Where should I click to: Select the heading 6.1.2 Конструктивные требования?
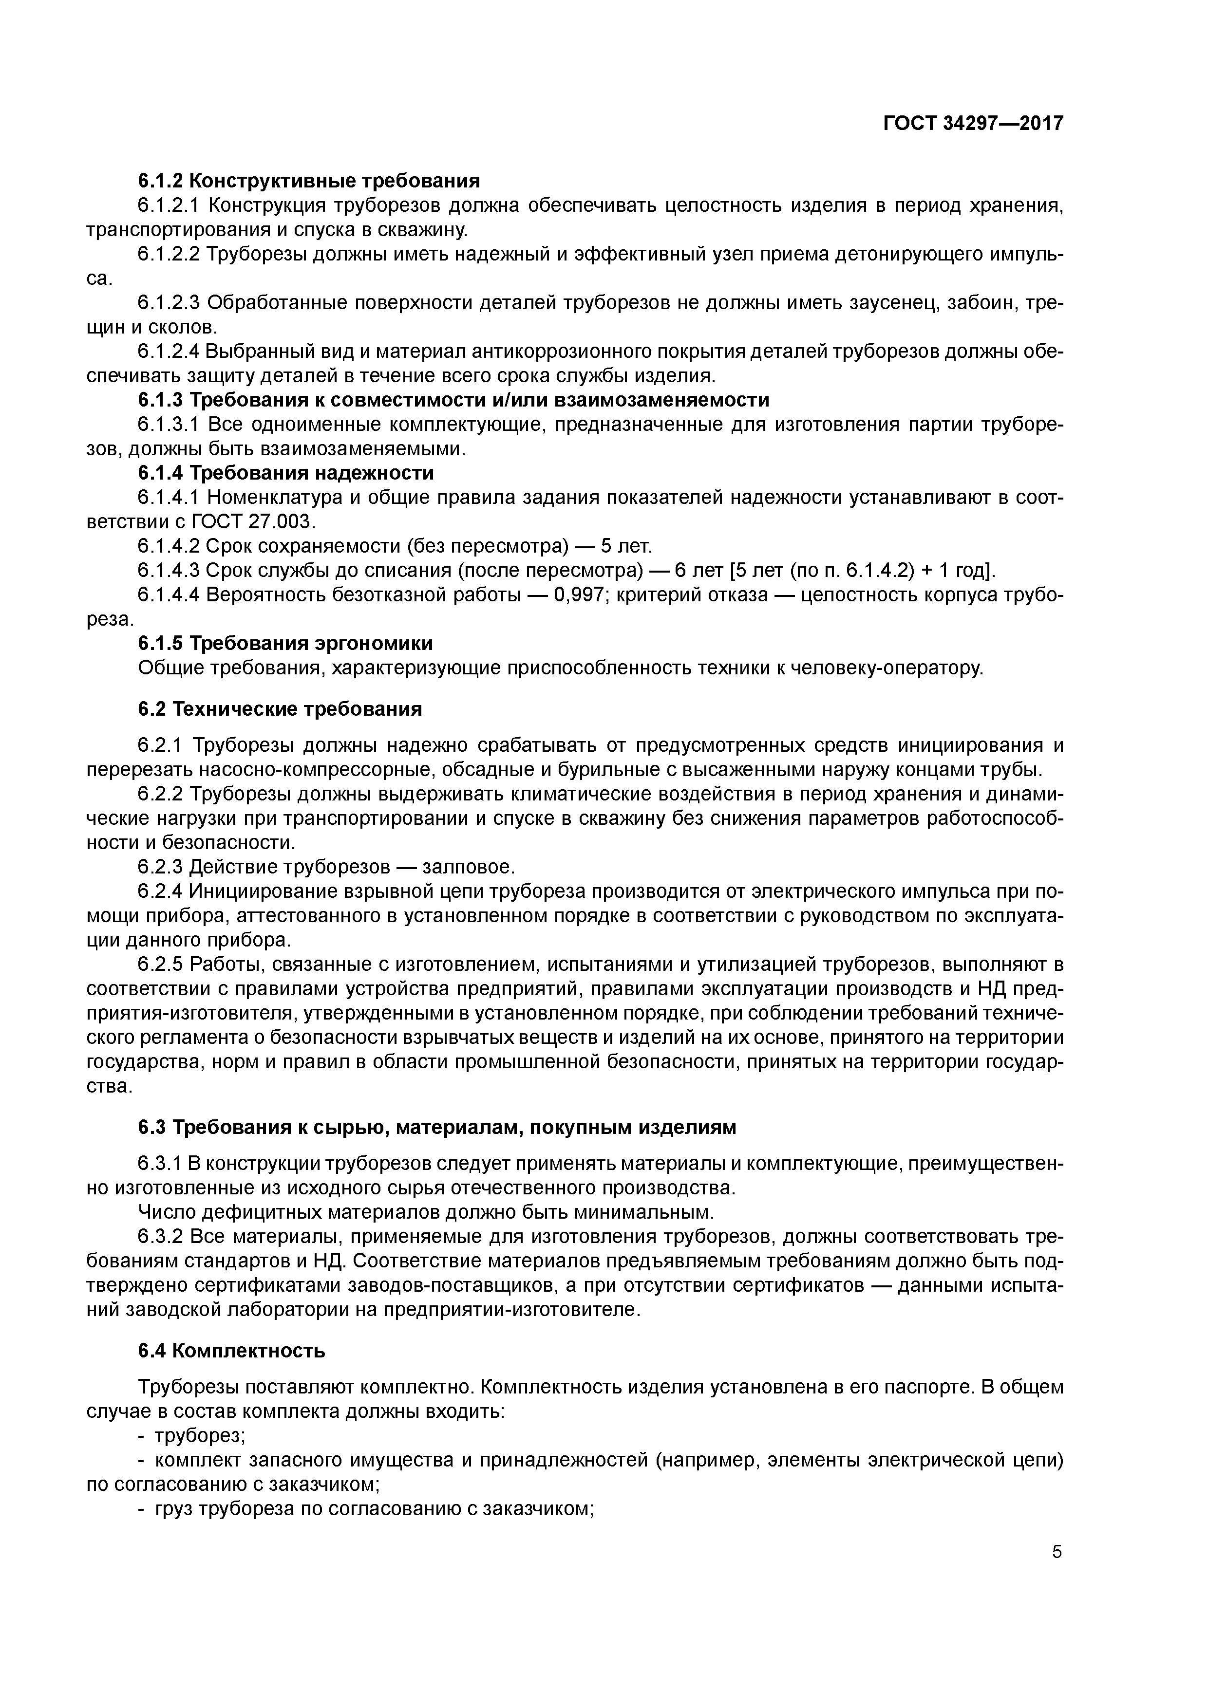pos(309,181)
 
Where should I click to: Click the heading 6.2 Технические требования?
pos(280,709)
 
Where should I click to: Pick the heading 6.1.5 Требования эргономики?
pos(285,643)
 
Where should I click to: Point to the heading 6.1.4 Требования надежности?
pos(286,473)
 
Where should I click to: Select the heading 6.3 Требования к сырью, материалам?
pos(437,1128)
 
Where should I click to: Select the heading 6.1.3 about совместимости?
pos(453,400)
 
